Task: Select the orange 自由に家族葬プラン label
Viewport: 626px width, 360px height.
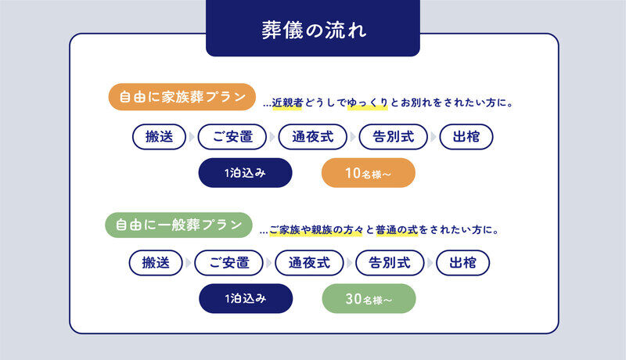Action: click(x=182, y=98)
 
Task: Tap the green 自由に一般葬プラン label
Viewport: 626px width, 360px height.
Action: click(x=179, y=225)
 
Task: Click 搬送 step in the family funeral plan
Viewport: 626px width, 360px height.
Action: click(x=159, y=137)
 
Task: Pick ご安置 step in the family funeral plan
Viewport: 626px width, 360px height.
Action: click(x=233, y=137)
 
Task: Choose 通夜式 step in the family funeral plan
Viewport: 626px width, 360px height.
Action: click(x=312, y=137)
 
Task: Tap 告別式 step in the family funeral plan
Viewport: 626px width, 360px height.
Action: click(x=392, y=137)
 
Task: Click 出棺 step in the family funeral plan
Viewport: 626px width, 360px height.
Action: click(x=466, y=137)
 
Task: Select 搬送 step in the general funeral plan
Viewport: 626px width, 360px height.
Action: click(x=156, y=263)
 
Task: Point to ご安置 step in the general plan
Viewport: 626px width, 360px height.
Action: click(x=230, y=263)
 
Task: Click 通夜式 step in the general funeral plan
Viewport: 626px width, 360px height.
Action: click(x=310, y=263)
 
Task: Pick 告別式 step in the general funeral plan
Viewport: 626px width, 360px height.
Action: click(x=390, y=263)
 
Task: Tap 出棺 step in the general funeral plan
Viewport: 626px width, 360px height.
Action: click(x=463, y=263)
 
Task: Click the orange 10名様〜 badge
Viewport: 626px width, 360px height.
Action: click(x=368, y=173)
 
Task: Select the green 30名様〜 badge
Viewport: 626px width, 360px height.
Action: click(x=369, y=299)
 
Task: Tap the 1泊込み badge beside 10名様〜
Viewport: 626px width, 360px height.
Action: click(x=245, y=173)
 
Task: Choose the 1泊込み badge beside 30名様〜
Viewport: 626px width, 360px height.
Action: click(x=245, y=299)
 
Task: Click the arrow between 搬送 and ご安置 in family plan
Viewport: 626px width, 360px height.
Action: click(x=190, y=137)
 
